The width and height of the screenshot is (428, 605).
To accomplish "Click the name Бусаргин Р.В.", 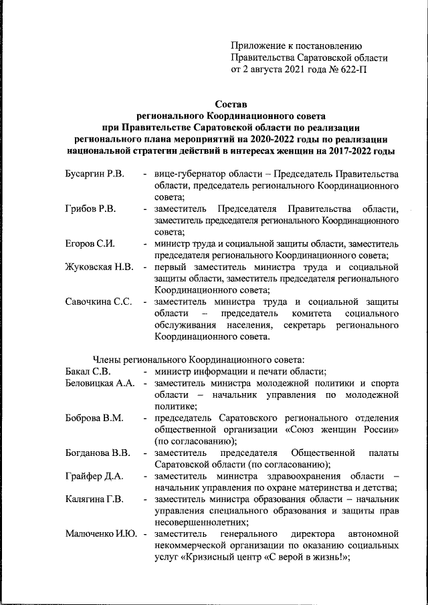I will (94, 174).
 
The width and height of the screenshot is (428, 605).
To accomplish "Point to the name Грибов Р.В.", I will (90, 209).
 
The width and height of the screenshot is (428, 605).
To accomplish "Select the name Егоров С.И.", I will (90, 243).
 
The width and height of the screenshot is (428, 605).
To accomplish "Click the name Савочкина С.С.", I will (98, 301).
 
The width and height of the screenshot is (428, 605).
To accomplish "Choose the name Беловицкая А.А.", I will (100, 384).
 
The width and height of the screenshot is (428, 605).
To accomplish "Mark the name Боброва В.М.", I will (94, 418).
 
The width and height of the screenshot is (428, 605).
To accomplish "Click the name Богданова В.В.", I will (98, 453).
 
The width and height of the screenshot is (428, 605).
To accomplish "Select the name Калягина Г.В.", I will (94, 499).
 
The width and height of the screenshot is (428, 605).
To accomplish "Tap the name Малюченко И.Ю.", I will (102, 534).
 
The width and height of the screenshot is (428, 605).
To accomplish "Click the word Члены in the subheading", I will (106, 360).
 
